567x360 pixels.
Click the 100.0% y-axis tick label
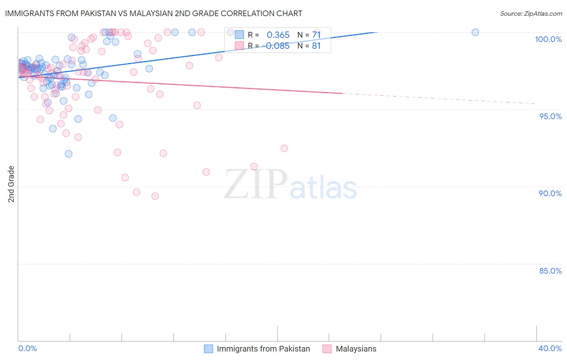point(548,39)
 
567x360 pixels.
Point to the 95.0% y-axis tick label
point(550,116)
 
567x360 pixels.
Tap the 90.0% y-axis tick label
point(550,193)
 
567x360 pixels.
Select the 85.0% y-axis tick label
point(550,271)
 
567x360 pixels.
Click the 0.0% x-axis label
point(27,348)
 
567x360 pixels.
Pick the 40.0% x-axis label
point(550,348)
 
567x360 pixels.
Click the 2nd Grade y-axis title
point(11,184)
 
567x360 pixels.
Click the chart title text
point(154,13)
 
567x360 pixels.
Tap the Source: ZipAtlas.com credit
point(531,13)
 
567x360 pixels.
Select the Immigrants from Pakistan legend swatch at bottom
point(208,349)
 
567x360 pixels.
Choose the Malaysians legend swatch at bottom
point(327,349)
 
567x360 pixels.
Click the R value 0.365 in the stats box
point(278,35)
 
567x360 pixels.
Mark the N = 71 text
point(309,35)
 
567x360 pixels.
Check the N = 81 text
point(309,46)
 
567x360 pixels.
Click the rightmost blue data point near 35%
point(475,32)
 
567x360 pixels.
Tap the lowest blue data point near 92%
point(69,154)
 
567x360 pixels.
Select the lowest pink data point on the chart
point(155,196)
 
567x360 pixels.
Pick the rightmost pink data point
point(284,148)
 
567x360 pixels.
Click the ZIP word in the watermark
point(256,185)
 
